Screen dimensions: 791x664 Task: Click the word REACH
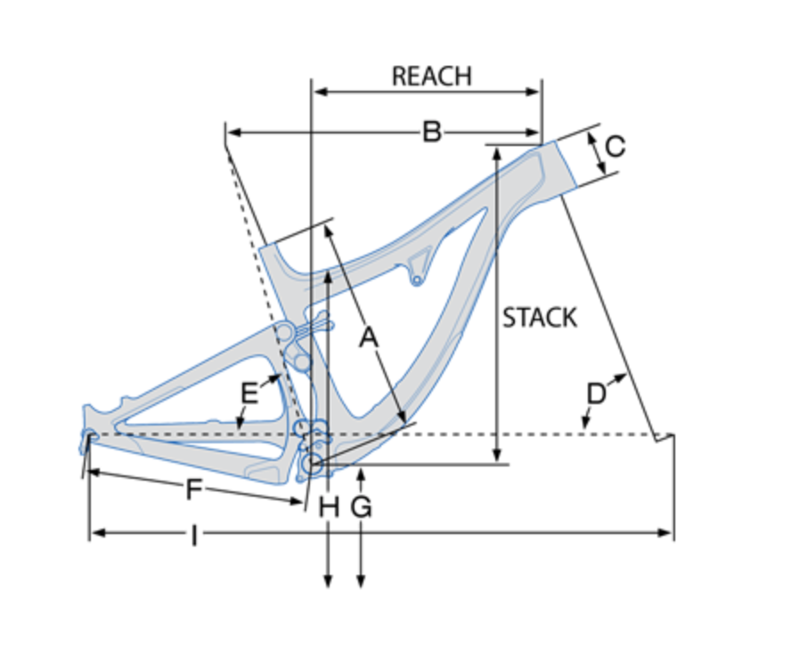coord(432,77)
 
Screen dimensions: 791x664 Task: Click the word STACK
coord(540,318)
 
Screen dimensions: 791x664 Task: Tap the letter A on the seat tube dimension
coord(369,337)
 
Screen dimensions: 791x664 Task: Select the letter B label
coord(432,132)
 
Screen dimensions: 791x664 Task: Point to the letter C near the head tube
coord(615,147)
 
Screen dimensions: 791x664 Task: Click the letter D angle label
coord(596,393)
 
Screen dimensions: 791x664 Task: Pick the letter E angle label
coord(249,393)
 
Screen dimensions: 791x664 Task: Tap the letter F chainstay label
coord(194,489)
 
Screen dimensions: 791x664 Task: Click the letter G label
coord(361,506)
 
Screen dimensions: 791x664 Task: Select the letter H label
coord(329,506)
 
